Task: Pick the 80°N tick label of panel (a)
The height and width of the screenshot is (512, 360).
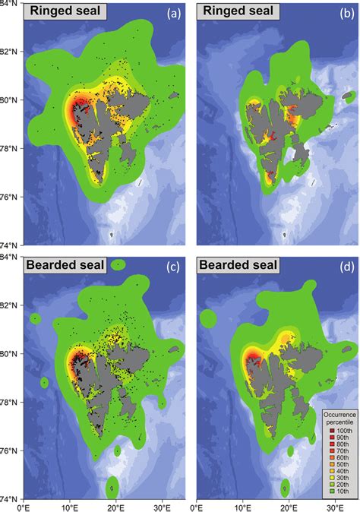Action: (x=10, y=100)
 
